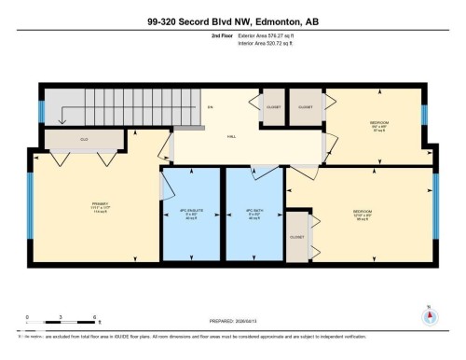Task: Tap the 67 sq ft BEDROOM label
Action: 377,125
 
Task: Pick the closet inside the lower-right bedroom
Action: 297,237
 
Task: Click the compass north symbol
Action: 428,314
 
